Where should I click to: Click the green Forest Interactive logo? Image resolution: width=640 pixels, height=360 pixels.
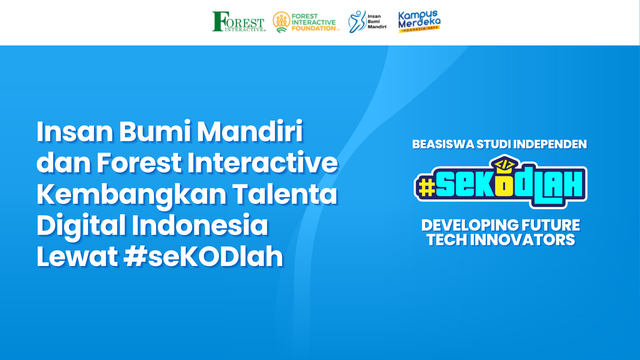(x=239, y=21)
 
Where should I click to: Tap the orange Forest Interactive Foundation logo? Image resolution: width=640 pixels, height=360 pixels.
(x=306, y=21)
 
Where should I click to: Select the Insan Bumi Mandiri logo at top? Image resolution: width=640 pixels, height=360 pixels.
(x=367, y=21)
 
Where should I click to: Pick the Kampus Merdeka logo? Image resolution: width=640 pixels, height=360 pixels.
(x=419, y=21)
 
